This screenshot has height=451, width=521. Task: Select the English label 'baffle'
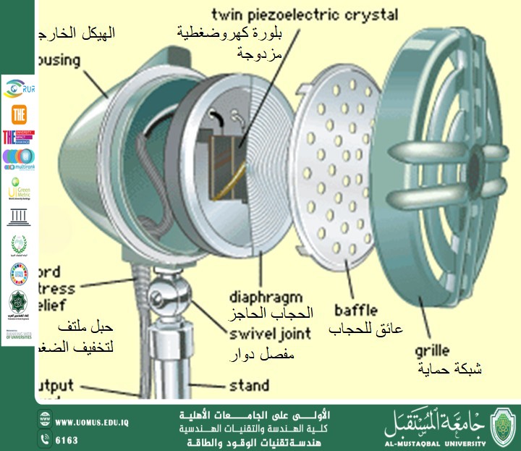(354, 310)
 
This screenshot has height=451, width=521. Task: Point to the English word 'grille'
(433, 351)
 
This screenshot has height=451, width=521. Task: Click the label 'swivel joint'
(270, 334)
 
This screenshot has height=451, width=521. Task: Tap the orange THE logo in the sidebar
(18, 114)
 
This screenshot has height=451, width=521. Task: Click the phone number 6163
(67, 439)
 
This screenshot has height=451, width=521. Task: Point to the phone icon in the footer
(45, 439)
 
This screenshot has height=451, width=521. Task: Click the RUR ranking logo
(18, 89)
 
